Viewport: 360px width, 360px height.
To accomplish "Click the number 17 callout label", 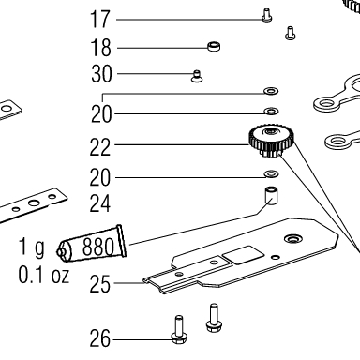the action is point(100,20).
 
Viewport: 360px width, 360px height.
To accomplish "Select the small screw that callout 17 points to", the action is point(266,15).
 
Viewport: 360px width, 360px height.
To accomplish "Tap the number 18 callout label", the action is point(100,48).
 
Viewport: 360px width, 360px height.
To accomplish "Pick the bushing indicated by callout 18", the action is point(214,46).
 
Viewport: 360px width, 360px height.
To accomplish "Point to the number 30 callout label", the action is point(101,74).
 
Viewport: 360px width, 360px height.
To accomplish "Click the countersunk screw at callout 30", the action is point(197,76).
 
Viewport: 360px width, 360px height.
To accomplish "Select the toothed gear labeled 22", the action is point(271,141).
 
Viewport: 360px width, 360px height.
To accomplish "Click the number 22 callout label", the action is point(100,147).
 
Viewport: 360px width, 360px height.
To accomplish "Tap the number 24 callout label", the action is point(100,203).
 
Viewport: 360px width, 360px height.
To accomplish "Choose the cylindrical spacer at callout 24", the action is point(271,196).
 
